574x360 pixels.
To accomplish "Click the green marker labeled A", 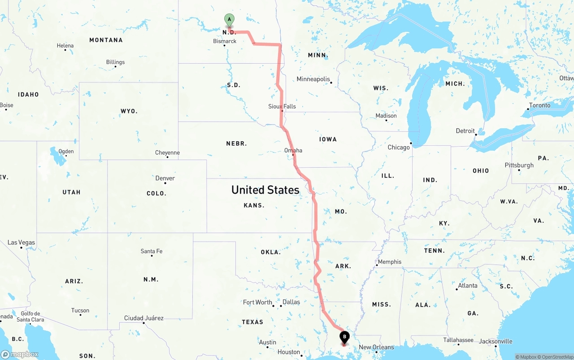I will click(229, 20).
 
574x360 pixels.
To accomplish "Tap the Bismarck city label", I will click(225, 41).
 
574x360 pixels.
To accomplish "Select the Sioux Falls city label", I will click(282, 106).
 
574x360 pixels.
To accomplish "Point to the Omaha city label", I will click(293, 150).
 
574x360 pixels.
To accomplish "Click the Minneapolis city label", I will click(313, 79).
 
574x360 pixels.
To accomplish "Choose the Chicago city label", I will click(399, 147).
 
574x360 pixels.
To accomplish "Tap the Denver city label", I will click(165, 178).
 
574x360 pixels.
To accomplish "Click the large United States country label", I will click(265, 190).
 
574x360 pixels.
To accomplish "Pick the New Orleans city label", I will click(376, 347).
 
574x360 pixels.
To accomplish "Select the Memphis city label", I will click(390, 262).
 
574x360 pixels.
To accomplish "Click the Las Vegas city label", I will click(21, 243).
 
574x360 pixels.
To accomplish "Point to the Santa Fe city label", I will click(152, 251).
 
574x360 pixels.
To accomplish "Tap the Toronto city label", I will click(539, 105).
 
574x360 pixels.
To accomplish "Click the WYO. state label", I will click(129, 111).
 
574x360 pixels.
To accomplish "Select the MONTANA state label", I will click(106, 40).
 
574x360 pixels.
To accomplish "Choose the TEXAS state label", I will click(252, 322).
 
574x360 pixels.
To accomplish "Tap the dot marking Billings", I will click(116, 67).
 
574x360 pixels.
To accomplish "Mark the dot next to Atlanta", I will click(457, 289).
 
